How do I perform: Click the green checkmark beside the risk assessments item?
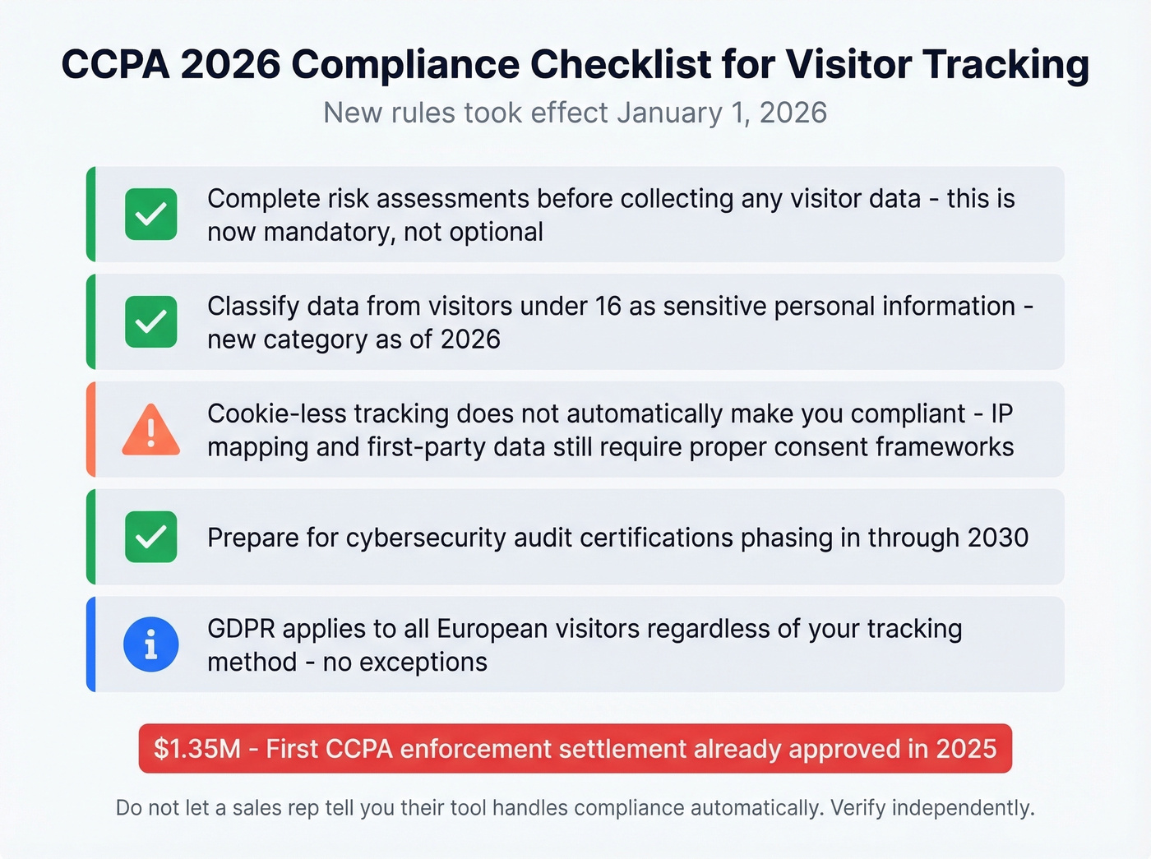[x=151, y=215]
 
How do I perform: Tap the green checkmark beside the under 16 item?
[x=151, y=321]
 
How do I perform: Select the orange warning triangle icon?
[x=150, y=430]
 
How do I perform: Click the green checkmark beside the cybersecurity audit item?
[x=151, y=537]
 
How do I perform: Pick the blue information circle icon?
[x=151, y=644]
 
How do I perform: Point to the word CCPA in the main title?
[x=115, y=65]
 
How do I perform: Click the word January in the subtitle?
[x=669, y=113]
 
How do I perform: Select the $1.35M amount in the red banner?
[x=197, y=749]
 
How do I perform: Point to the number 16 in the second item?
[x=608, y=306]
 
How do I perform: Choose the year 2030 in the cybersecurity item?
[x=998, y=538]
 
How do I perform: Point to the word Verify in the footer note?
[x=857, y=808]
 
